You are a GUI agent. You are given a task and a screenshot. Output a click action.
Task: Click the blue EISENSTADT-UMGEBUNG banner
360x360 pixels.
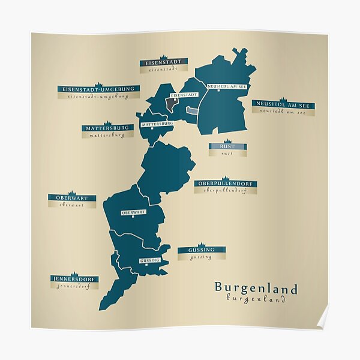99,89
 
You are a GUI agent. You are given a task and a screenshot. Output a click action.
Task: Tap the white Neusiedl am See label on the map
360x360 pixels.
227,86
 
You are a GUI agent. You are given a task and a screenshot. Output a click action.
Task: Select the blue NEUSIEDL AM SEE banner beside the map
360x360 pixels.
283,105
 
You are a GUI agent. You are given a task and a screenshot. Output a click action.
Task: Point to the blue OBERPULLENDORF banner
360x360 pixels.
226,184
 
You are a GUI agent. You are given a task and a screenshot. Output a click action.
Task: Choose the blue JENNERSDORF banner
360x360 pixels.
74,279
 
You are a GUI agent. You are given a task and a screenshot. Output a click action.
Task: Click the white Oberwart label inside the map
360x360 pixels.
133,212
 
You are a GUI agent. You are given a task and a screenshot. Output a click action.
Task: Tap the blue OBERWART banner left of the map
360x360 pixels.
72,197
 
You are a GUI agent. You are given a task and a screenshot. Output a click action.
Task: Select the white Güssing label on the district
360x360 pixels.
149,260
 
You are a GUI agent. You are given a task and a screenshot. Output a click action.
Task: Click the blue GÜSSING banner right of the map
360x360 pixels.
202,250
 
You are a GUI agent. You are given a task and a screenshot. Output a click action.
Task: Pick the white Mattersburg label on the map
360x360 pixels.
157,124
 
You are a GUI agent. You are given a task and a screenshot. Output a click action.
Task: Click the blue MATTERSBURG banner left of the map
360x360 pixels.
107,128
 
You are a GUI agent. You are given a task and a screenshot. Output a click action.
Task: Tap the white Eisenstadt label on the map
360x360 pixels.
184,95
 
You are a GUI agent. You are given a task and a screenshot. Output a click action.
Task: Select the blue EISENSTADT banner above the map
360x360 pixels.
163,61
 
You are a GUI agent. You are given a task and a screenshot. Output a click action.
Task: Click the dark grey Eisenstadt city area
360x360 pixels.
172,104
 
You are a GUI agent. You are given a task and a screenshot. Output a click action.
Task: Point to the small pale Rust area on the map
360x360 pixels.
191,110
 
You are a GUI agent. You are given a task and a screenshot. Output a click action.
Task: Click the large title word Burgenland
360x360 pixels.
256,289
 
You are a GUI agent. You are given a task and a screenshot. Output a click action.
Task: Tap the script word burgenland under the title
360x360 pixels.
256,299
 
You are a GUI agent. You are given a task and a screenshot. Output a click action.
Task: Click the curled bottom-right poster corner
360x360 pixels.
322,318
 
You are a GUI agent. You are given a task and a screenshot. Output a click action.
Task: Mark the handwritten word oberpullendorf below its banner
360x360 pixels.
226,191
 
